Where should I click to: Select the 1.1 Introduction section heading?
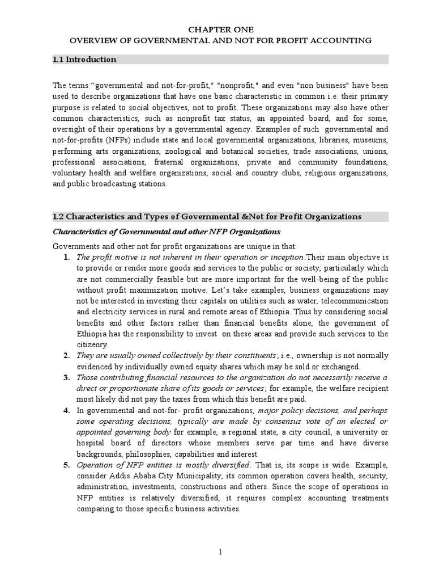(x=84, y=60)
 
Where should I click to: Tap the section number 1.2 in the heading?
(x=58, y=216)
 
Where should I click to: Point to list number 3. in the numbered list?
(x=66, y=378)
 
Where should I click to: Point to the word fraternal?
(x=142, y=162)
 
